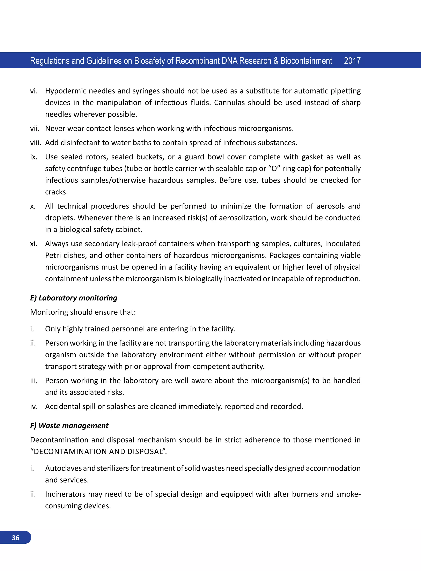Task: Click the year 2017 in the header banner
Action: click(x=352, y=61)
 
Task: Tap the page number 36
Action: click(x=16, y=538)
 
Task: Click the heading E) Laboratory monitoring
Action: click(x=74, y=298)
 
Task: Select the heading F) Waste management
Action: click(x=69, y=426)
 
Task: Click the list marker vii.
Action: click(x=35, y=128)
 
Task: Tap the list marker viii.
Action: click(x=35, y=143)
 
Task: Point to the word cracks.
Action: click(x=56, y=192)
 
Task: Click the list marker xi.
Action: click(x=34, y=244)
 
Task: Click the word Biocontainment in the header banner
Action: click(x=306, y=61)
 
